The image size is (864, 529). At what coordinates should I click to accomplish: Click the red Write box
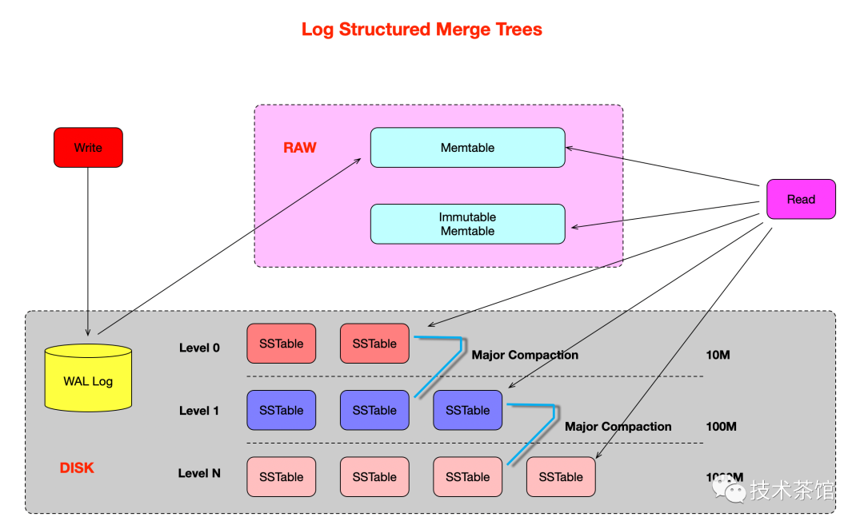tap(88, 147)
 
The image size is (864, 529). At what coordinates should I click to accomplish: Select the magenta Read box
tap(801, 199)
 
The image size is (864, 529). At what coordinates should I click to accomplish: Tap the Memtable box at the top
tap(467, 147)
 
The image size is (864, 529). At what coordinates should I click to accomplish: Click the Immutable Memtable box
tap(467, 224)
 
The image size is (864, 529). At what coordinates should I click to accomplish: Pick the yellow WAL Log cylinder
tap(88, 379)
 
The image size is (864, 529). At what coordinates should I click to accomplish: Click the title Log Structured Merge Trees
tap(422, 30)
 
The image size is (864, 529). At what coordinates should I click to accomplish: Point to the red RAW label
tap(300, 148)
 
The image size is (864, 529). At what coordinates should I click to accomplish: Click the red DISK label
tap(77, 467)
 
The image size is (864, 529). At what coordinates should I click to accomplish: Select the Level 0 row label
tap(199, 348)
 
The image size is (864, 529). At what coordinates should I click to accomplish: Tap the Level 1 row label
tap(199, 411)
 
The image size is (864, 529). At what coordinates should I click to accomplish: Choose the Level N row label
tap(199, 473)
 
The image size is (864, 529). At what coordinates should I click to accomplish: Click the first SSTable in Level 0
tap(281, 344)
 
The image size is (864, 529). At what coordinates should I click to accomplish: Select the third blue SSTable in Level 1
tap(467, 410)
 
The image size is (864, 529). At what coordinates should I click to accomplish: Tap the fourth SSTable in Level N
tap(561, 477)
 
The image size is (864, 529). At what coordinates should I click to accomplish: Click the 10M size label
tap(718, 355)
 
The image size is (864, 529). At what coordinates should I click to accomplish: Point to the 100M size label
tap(721, 427)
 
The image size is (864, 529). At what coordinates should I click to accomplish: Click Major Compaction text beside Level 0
tap(525, 355)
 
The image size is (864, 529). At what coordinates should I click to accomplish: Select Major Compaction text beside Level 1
tap(618, 427)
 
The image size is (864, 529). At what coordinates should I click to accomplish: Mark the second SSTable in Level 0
tap(374, 344)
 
